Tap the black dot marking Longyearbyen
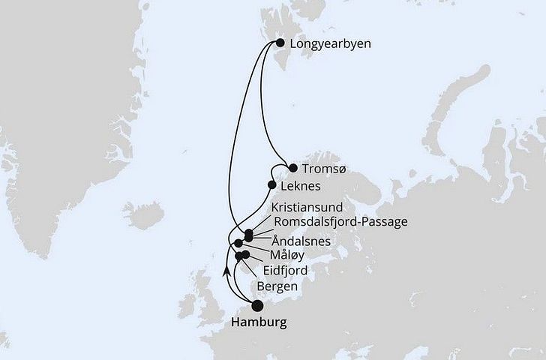click(x=280, y=43)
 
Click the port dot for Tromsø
click(x=292, y=168)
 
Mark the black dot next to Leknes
click(x=272, y=184)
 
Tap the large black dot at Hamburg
click(x=257, y=305)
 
